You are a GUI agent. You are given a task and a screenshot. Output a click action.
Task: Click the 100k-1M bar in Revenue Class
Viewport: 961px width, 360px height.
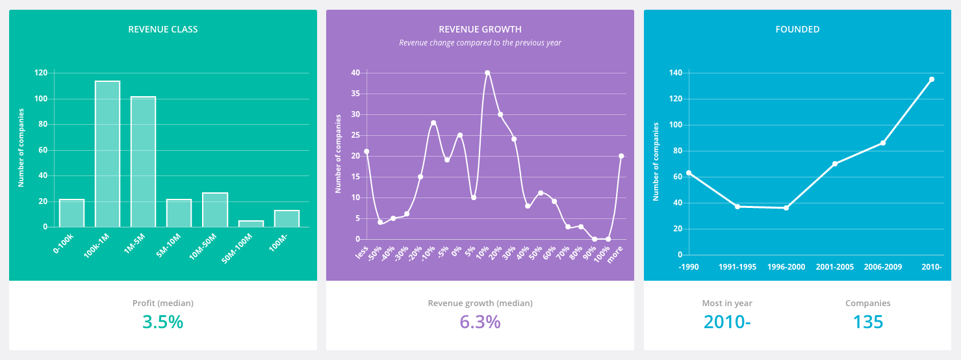(107, 154)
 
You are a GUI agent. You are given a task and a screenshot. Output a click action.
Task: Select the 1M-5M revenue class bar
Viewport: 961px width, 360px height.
(143, 162)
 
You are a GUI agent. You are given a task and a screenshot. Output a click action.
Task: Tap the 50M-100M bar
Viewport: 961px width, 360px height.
(251, 224)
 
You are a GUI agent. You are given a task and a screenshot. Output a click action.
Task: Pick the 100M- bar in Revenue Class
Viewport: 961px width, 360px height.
(287, 218)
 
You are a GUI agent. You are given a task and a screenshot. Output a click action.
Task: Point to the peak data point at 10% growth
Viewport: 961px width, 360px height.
(487, 73)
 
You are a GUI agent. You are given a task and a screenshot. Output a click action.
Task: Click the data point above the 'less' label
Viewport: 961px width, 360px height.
(366, 151)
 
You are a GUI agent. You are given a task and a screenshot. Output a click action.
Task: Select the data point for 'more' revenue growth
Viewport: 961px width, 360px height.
(621, 156)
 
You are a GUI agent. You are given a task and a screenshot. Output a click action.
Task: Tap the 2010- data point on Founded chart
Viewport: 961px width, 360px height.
(931, 79)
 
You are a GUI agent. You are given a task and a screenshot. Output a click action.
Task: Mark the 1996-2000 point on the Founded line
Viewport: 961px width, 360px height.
(786, 208)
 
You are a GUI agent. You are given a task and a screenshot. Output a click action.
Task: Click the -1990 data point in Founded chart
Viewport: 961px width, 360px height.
(689, 173)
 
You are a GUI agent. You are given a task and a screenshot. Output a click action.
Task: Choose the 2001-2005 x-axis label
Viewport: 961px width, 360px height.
(834, 267)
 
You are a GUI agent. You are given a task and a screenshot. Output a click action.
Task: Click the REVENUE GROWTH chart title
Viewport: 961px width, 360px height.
(480, 29)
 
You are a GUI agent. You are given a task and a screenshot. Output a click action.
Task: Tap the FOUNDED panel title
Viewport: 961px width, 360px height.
(797, 29)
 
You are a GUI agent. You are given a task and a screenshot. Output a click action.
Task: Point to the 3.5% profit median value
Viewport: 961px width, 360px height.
(162, 322)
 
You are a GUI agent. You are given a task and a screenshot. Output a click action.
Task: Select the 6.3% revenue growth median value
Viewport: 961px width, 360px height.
(480, 322)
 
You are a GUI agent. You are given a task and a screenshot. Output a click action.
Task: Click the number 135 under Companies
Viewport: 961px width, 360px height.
(867, 322)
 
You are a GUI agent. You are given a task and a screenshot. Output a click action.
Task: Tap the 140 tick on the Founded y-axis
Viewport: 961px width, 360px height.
(676, 73)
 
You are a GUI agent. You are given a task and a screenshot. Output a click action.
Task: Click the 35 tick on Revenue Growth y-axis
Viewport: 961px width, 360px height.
(355, 94)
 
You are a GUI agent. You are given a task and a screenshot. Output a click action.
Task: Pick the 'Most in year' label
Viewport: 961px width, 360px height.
(727, 303)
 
